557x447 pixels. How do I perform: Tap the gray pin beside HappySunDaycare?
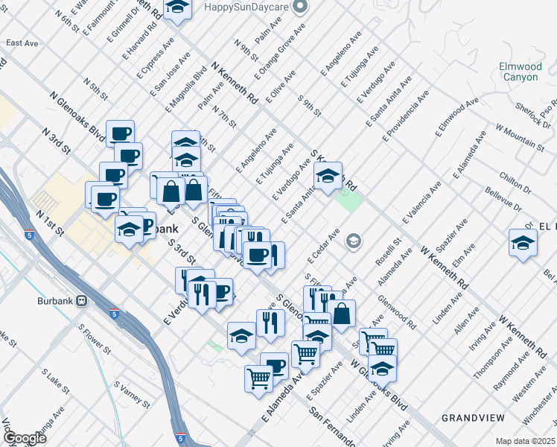(x=300, y=7)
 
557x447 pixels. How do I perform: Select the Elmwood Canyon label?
(x=519, y=72)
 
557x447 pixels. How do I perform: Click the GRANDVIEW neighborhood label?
(x=471, y=418)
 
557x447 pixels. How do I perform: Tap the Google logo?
(x=25, y=438)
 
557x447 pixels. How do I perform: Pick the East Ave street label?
(x=22, y=43)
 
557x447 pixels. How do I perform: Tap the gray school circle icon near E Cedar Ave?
(x=353, y=241)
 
